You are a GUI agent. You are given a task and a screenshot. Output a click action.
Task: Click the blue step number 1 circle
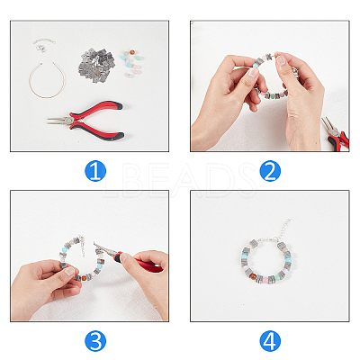(x=95, y=171)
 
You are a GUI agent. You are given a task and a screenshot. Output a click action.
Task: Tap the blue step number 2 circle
(x=270, y=171)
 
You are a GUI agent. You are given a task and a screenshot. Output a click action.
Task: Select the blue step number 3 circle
(x=95, y=341)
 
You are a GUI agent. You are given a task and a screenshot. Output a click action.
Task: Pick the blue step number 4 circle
(x=270, y=341)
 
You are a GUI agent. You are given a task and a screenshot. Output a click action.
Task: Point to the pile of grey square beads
(x=96, y=65)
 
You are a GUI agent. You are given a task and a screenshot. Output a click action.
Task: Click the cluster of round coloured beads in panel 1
(x=131, y=62)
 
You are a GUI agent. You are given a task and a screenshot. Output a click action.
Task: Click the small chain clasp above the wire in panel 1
(x=44, y=44)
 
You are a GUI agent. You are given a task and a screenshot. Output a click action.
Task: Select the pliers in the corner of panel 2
(x=336, y=133)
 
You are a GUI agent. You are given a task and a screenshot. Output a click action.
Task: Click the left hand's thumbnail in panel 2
(x=254, y=72)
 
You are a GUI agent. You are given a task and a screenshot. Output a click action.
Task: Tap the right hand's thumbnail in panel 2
(x=281, y=60)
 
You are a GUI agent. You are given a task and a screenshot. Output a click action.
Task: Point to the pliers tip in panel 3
(x=94, y=244)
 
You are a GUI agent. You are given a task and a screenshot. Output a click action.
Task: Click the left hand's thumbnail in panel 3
(x=69, y=272)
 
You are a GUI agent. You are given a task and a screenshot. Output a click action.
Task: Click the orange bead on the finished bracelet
(x=253, y=275)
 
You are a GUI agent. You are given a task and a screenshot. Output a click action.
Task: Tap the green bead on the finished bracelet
(x=282, y=274)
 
